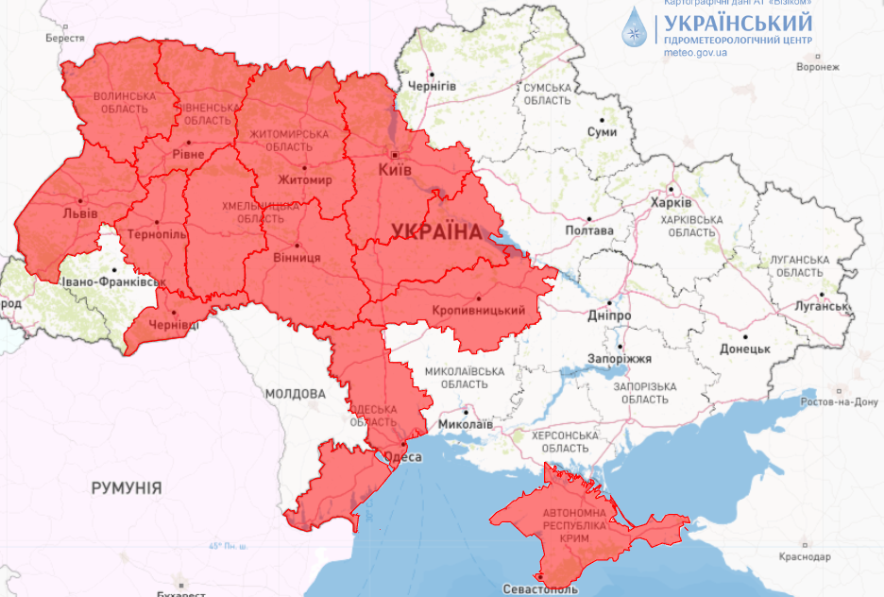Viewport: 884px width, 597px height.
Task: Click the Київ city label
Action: [x=394, y=170]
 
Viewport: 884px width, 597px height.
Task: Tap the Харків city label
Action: [x=671, y=203]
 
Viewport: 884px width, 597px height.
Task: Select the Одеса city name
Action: [x=401, y=457]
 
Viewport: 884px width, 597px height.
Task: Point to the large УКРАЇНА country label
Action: [x=435, y=231]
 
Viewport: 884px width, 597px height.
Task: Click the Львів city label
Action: [x=80, y=213]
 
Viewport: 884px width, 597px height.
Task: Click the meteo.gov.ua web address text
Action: [x=695, y=53]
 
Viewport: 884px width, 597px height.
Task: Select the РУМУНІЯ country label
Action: [x=126, y=488]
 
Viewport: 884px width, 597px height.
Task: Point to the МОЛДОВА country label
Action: [x=295, y=394]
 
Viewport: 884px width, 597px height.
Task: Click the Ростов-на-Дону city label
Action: [x=839, y=402]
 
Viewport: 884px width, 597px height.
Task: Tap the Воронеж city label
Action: [x=818, y=68]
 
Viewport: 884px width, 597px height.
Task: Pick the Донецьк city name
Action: [x=745, y=349]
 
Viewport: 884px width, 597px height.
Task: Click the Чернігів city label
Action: [x=432, y=86]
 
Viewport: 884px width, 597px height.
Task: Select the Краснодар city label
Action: [x=806, y=557]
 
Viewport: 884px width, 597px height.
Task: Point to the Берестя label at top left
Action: [x=65, y=39]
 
